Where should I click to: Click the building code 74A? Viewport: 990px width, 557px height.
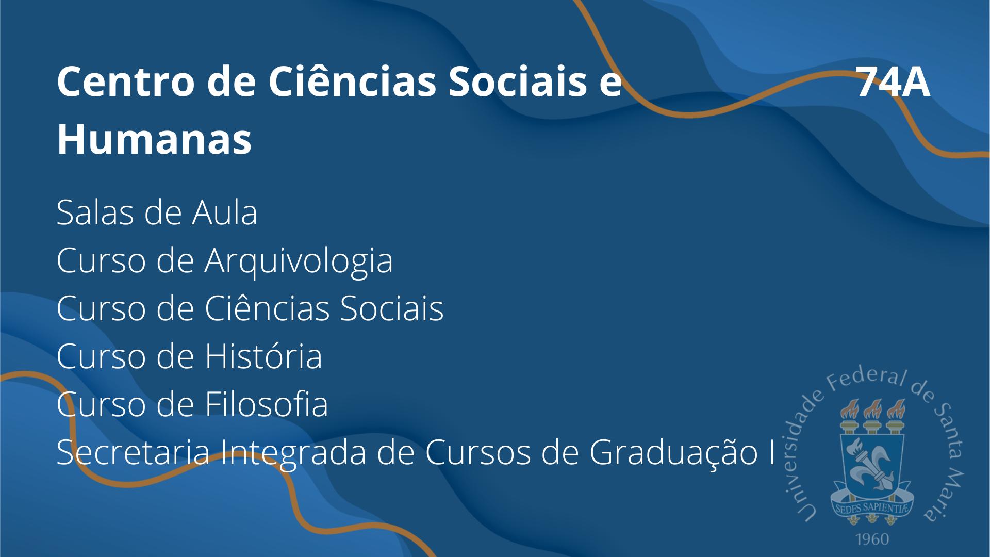(x=894, y=83)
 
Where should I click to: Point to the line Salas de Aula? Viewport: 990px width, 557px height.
(x=157, y=212)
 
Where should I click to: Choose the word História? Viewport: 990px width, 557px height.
(x=264, y=356)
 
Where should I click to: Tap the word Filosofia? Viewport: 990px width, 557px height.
(x=267, y=404)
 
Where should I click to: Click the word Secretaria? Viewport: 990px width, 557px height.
(x=134, y=452)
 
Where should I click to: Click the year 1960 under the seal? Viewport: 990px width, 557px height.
(x=872, y=539)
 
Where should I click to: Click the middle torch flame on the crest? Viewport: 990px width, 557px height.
(x=872, y=409)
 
